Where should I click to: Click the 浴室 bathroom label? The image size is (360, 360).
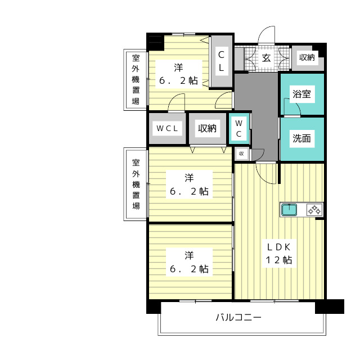pos(301,94)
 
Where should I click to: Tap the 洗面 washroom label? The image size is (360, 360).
pos(301,138)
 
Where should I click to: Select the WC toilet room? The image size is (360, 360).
pos(239,128)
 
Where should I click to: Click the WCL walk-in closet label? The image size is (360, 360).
pos(167,128)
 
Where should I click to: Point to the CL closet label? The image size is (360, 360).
pos(221,61)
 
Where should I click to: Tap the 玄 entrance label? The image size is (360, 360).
pos(266,57)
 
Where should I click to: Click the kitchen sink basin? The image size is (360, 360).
pos(289,210)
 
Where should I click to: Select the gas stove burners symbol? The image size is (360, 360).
pos(314,210)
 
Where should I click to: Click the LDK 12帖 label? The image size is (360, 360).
pos(279,254)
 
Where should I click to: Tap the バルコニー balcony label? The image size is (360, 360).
pos(238,317)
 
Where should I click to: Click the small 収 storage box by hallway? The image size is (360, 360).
pos(241,154)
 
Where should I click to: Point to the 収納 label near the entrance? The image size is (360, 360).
pos(307,57)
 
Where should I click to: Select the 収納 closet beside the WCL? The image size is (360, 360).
pos(208,128)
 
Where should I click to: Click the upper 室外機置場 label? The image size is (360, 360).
pos(136,79)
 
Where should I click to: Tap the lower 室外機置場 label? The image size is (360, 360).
pos(136,184)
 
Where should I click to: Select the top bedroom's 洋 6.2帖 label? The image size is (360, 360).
pos(178,74)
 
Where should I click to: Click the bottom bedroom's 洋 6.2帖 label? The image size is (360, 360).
pos(189,262)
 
